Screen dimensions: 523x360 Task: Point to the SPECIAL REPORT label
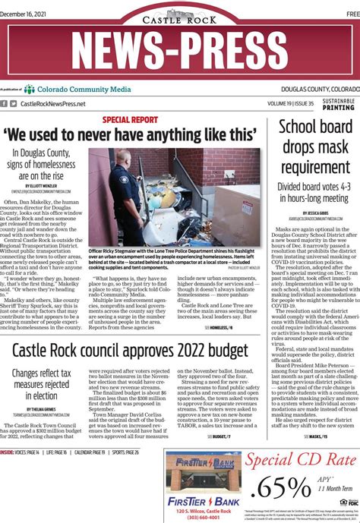pos(130,120)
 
